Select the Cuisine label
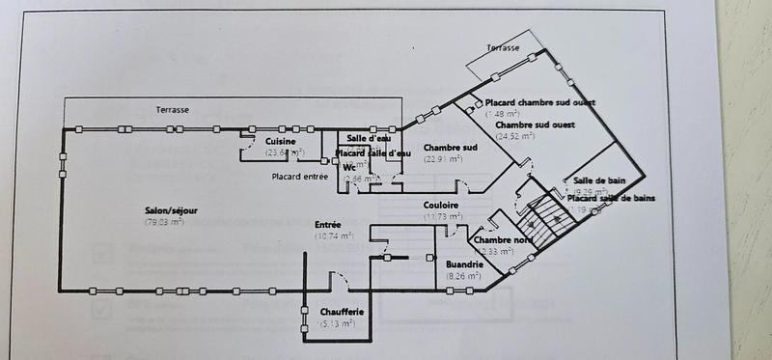click(282, 142)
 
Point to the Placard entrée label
click(299, 176)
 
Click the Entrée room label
click(328, 225)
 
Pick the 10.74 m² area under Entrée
click(333, 235)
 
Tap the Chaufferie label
click(342, 313)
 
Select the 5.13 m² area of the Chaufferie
click(337, 324)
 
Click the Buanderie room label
click(465, 263)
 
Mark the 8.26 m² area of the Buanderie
click(464, 276)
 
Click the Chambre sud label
click(451, 147)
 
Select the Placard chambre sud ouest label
click(539, 103)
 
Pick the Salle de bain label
click(598, 180)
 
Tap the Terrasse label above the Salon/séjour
click(173, 110)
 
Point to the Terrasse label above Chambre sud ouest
click(503, 46)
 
